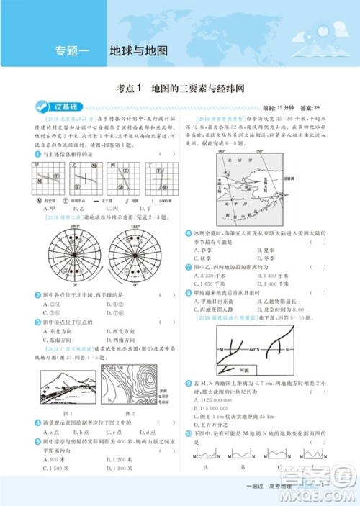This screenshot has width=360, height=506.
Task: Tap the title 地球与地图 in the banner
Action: pyautogui.click(x=138, y=51)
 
